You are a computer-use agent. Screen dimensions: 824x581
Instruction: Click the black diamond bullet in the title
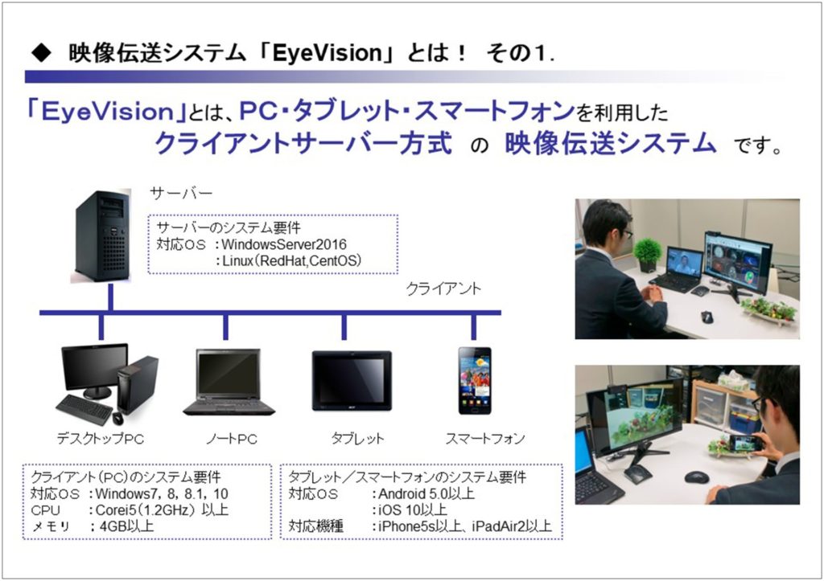coord(42,52)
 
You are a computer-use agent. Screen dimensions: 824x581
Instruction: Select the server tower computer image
coord(101,236)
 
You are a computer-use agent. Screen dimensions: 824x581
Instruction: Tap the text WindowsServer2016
coord(284,244)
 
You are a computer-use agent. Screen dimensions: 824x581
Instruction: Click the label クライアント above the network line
coord(443,288)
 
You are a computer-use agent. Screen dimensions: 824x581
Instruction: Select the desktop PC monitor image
coord(95,370)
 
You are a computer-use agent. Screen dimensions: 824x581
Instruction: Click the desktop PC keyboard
coord(84,409)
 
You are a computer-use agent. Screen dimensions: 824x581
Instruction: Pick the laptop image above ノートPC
coord(229,382)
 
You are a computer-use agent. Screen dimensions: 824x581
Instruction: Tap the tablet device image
coord(352,381)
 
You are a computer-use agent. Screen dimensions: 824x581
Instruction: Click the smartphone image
coord(475,381)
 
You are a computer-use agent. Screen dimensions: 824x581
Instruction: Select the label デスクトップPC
coord(101,439)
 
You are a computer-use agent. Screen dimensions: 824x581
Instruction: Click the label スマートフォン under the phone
coord(485,438)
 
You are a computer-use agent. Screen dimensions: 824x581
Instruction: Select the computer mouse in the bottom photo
coord(696,477)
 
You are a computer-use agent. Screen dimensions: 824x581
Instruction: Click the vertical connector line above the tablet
coord(344,327)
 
